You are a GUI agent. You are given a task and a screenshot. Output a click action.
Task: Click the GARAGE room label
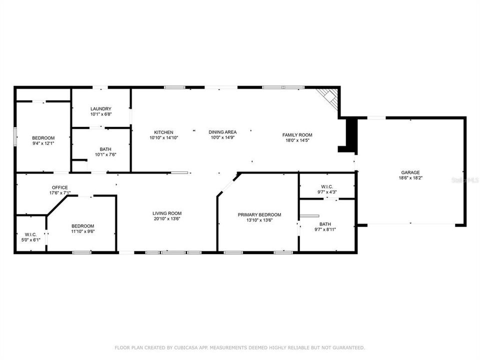(410, 172)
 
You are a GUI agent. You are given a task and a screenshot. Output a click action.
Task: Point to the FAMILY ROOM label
(297, 135)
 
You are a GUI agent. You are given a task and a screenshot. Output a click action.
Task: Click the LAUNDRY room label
(100, 109)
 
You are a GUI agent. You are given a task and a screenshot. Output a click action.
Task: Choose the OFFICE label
(59, 187)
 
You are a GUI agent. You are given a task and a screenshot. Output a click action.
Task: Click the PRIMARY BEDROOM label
(259, 214)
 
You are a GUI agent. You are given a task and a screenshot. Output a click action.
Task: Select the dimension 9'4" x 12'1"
(43, 143)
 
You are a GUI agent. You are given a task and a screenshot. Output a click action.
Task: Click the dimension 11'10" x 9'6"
(82, 231)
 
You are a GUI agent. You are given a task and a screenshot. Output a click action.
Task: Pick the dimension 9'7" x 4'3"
(327, 192)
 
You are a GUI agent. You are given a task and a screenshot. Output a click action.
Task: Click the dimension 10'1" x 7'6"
(105, 154)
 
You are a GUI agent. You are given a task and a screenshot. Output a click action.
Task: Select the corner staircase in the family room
(330, 98)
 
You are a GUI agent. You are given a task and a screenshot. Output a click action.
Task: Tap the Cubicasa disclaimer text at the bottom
(240, 347)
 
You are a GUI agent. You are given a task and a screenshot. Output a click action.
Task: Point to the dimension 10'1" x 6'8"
(100, 114)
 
